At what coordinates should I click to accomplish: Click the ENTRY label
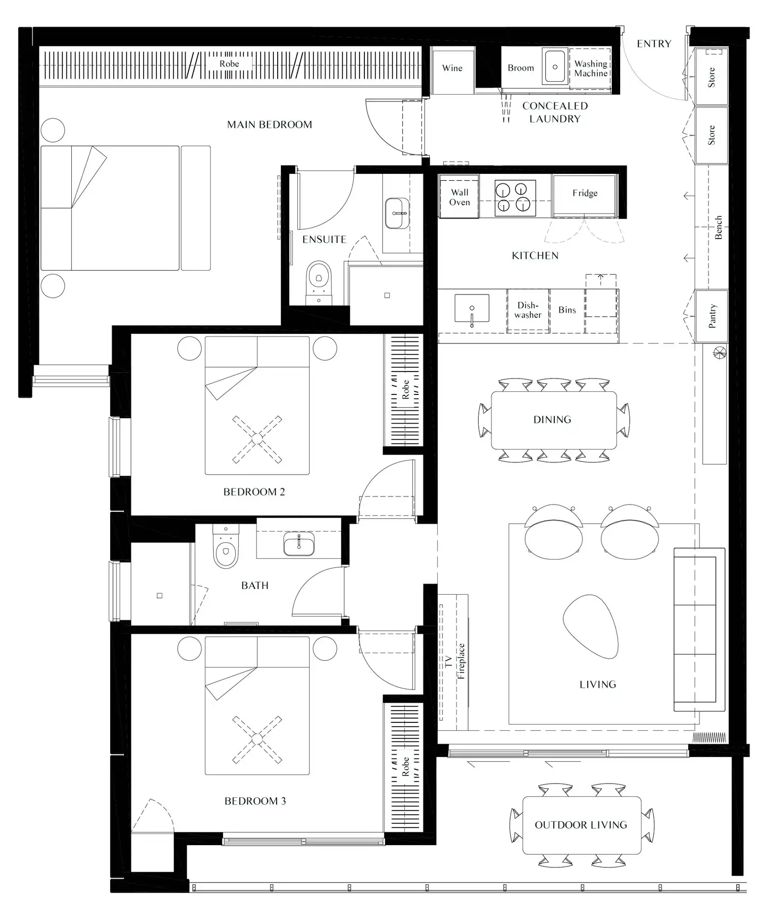tap(654, 44)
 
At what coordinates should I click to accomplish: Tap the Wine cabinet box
tap(452, 68)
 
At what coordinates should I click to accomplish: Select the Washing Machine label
tap(590, 69)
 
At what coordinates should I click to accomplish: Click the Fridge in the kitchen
tap(585, 193)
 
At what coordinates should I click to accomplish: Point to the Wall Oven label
tap(460, 197)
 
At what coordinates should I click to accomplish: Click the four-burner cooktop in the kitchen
tap(515, 198)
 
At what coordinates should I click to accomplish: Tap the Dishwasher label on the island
tap(528, 310)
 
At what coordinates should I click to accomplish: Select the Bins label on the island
tap(567, 310)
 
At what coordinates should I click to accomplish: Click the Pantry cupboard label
tap(712, 316)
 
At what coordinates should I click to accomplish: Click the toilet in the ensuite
tap(319, 280)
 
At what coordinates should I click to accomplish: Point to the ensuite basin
tap(396, 213)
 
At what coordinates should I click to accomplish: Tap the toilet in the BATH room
tap(226, 551)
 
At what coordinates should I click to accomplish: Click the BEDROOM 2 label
tap(254, 492)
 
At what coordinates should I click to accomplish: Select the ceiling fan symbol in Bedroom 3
tap(257, 739)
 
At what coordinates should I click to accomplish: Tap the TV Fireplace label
tap(455, 661)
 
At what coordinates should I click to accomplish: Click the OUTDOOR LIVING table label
tap(581, 825)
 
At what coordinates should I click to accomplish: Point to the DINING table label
tap(552, 420)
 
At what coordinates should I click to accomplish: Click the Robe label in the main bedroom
tap(229, 64)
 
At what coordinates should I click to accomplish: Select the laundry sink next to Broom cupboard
tap(555, 67)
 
